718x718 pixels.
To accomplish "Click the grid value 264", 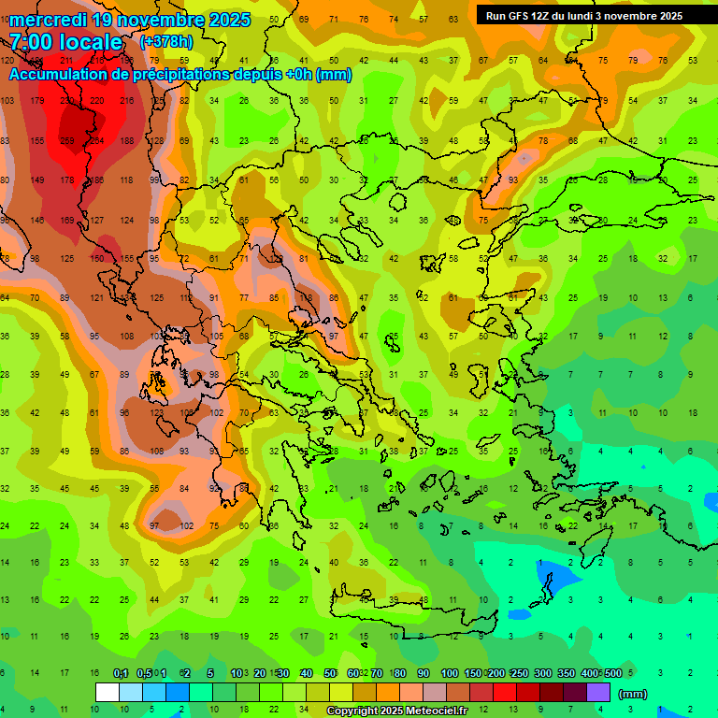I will pyautogui.click(x=96, y=140).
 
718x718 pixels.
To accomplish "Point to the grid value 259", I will pyautogui.click(x=66, y=140).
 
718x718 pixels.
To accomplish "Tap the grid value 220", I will pyautogui.click(x=96, y=100).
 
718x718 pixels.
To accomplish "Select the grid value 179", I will pyautogui.click(x=36, y=100).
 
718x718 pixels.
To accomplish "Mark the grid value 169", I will pyautogui.click(x=66, y=221).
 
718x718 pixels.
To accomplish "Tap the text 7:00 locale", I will pyautogui.click(x=65, y=42).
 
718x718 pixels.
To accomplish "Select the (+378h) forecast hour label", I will pyautogui.click(x=167, y=42).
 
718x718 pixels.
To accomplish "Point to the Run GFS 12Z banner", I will pyautogui.click(x=583, y=16).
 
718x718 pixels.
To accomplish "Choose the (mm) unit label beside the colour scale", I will pyautogui.click(x=633, y=695).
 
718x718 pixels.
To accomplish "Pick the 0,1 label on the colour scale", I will pyautogui.click(x=121, y=674).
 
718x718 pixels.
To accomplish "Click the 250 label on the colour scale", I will pyautogui.click(x=519, y=674).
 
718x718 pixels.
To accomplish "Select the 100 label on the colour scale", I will pyautogui.click(x=449, y=674).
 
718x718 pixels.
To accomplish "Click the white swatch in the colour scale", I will pyautogui.click(x=108, y=692).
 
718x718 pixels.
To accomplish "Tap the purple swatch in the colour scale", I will pyautogui.click(x=598, y=692).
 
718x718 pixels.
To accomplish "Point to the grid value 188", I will pyautogui.click(x=126, y=140).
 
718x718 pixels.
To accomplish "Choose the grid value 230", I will pyautogui.click(x=66, y=100).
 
